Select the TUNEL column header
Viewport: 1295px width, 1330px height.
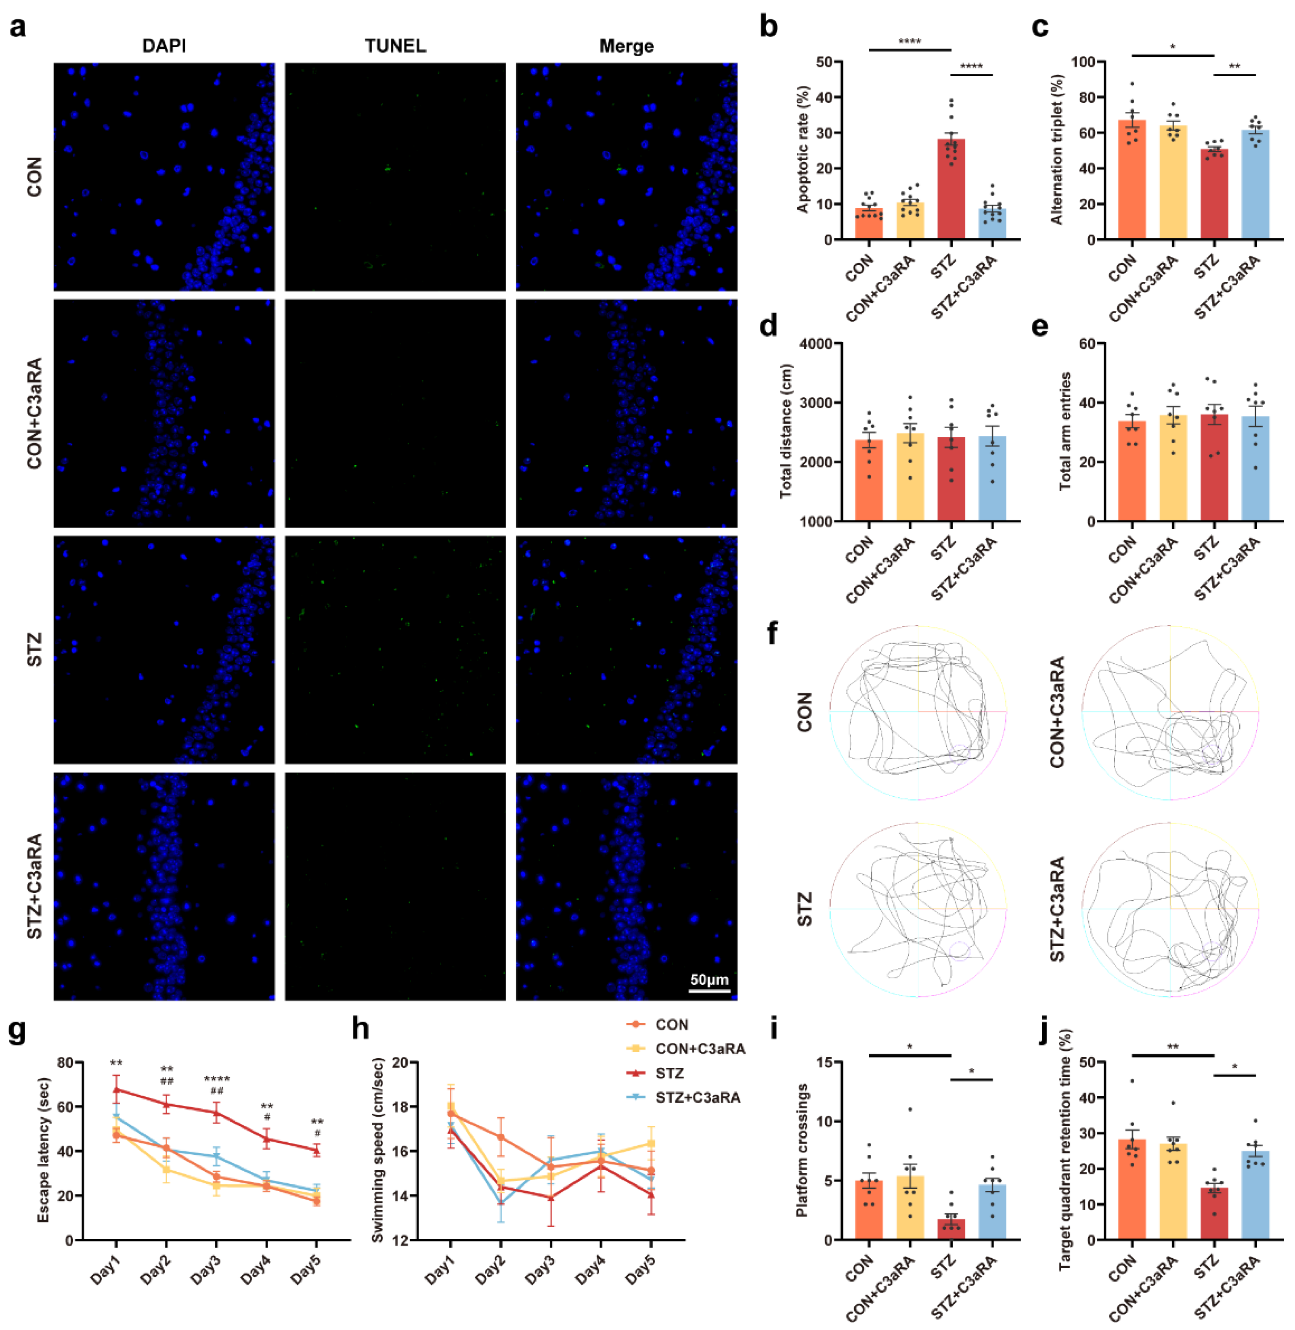click(x=395, y=46)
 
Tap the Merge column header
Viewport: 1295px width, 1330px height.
click(x=627, y=46)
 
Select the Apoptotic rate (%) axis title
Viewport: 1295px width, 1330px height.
click(x=803, y=150)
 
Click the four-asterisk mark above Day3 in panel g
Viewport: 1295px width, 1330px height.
click(x=217, y=1079)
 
